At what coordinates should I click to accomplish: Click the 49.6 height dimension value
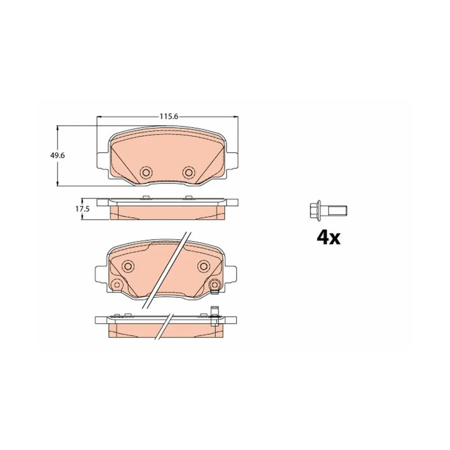(x=58, y=156)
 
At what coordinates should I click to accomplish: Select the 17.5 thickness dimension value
(x=82, y=209)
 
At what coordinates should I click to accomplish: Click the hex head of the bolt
(x=315, y=210)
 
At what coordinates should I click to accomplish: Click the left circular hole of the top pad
(x=146, y=172)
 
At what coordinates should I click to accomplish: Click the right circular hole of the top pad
(x=189, y=172)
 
